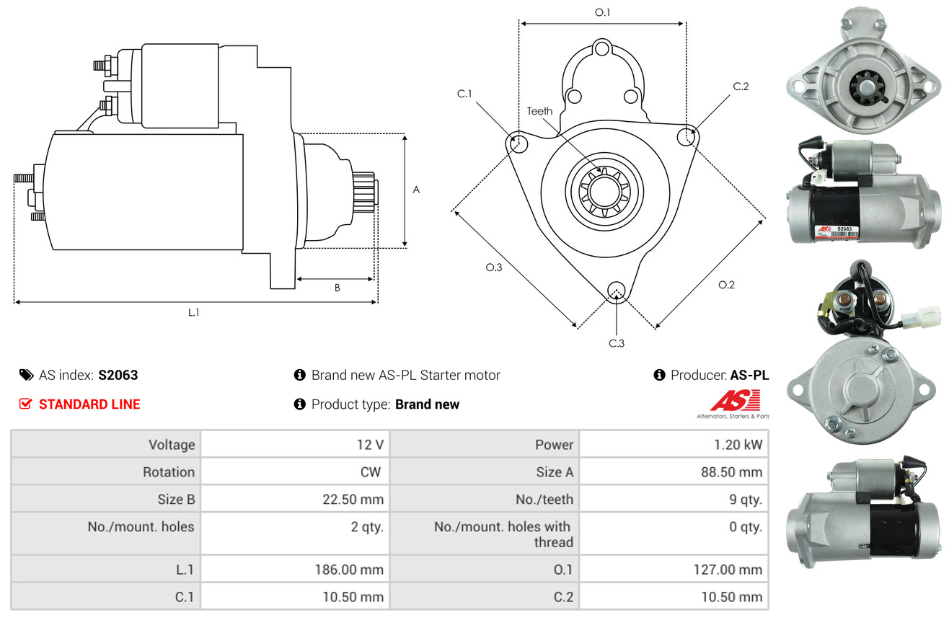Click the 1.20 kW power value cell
[x=738, y=445]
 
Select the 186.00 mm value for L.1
[x=349, y=570]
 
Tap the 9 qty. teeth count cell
[x=746, y=500]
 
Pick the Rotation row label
[x=169, y=472]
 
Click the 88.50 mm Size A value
[x=732, y=472]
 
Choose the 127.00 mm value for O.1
[x=728, y=570]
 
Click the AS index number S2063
[x=118, y=375]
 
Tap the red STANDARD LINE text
[x=89, y=404]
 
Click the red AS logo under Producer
[x=735, y=401]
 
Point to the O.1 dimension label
[x=602, y=12]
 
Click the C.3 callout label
[x=617, y=343]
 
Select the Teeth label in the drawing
[x=539, y=111]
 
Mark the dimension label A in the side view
[x=417, y=190]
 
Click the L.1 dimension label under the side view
[x=193, y=313]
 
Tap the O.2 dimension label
[x=726, y=285]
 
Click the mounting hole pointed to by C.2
[x=687, y=137]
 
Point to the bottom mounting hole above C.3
[x=617, y=291]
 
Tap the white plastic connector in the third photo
[x=919, y=318]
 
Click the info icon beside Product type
[x=299, y=404]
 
